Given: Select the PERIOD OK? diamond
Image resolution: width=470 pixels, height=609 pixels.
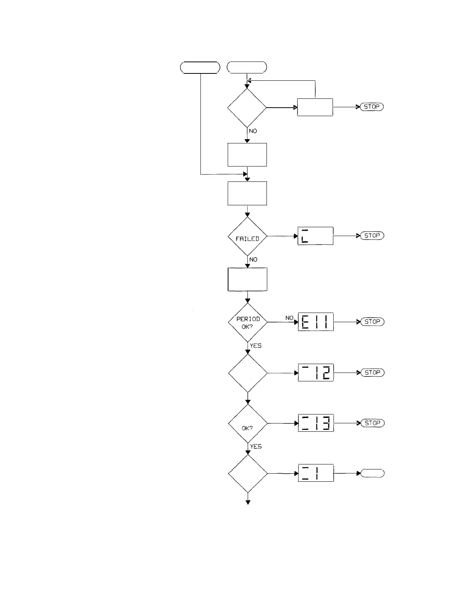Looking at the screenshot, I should pos(248,322).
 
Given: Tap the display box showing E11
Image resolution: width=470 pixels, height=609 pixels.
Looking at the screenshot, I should pos(316,322).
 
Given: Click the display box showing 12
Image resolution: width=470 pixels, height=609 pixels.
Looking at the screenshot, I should pos(316,373).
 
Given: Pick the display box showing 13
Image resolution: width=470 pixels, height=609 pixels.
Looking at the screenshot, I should pos(316,423).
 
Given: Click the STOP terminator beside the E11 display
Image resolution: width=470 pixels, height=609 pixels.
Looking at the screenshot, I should pos(372,322).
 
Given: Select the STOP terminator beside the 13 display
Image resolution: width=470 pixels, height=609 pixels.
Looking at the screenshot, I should pos(372,423).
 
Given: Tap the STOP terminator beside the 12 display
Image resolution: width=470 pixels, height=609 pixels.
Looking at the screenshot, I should pos(372,373).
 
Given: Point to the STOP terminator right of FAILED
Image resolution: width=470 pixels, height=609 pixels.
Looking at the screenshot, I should pos(372,236).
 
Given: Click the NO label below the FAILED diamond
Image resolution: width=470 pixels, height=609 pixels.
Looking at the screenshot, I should pos(253,260).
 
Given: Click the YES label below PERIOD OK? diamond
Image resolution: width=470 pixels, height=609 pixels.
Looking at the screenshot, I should pos(256,346).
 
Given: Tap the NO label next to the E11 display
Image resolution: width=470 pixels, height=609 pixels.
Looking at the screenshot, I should pos(289,318).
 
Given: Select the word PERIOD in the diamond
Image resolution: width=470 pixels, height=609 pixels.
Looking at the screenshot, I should pos(248,319).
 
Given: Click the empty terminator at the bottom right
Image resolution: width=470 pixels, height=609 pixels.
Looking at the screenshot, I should pos(372,473).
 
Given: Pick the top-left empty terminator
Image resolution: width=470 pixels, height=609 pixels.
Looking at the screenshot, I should pos(200,67).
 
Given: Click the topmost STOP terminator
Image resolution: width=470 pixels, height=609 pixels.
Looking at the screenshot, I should pos(371,107).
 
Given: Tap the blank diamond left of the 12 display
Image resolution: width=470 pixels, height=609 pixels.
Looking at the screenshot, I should pos(248,373).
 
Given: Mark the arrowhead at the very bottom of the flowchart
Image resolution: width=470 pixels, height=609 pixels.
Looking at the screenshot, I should pos(248,502).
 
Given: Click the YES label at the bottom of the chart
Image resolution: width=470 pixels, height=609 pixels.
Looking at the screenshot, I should pos(256,447).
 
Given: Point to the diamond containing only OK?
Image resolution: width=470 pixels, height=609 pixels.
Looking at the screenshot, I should pos(248,423).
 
